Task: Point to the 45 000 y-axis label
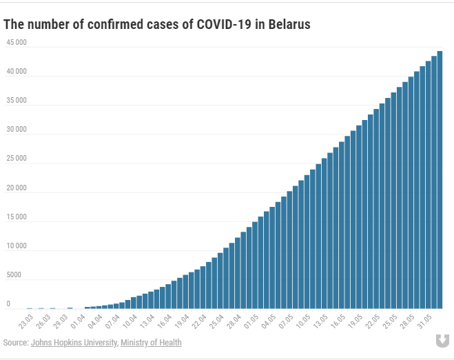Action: pos(17,42)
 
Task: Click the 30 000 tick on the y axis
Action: pos(17,130)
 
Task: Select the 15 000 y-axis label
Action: pos(17,217)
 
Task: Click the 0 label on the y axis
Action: pos(8,304)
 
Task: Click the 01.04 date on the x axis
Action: pos(79,321)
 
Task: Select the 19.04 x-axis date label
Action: pos(182,321)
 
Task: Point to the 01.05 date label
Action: pos(251,321)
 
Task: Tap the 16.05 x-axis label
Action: pos(338,321)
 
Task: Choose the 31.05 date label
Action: pos(424,321)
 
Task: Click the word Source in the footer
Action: pos(14,343)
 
